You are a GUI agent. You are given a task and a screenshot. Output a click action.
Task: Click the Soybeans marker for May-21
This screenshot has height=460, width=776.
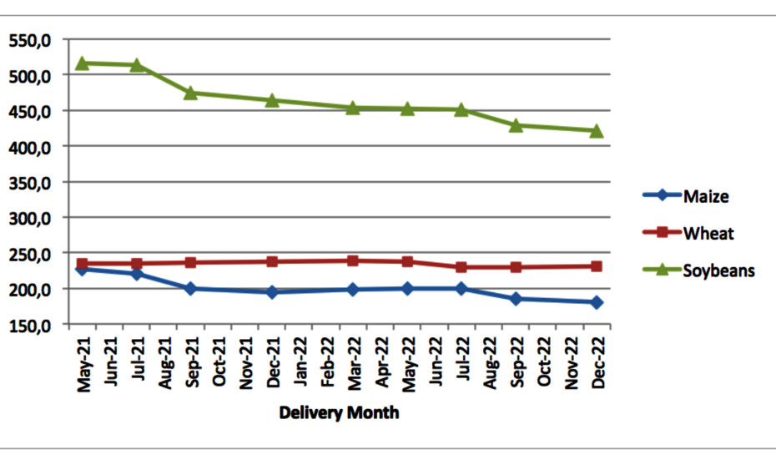[x=82, y=63]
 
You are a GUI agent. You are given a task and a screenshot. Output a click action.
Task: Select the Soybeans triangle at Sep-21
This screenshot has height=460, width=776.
[x=190, y=93]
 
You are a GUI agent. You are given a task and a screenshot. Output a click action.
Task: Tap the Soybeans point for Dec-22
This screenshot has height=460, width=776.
[x=597, y=131]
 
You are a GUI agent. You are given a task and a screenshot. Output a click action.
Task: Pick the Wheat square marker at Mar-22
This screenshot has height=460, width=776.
[x=353, y=260]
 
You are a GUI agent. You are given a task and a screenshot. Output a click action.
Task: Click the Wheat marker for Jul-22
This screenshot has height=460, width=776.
[x=461, y=267]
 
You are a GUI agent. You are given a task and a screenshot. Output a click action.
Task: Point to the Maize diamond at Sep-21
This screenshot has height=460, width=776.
[x=190, y=289]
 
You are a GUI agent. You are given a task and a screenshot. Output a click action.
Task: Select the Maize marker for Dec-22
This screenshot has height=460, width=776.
[x=597, y=302]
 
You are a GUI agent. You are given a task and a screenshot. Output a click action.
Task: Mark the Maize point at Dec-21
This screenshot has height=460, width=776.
[x=272, y=292]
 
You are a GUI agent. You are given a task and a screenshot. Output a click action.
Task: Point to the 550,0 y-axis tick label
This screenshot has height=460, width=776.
[x=32, y=40]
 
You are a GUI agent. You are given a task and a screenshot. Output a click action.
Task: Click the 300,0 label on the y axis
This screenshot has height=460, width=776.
[x=32, y=218]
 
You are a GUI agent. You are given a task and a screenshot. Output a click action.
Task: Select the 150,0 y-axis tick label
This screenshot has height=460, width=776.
[x=32, y=325]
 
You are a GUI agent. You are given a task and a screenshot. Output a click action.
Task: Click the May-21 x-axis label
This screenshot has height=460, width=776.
[x=83, y=361]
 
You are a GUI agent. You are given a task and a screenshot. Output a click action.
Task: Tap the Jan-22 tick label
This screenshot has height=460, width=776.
[x=300, y=361]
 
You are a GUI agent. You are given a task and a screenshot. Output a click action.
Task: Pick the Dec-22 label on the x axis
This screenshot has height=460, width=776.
[x=597, y=361]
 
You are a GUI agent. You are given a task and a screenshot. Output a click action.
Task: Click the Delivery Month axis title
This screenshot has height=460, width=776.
[x=339, y=412]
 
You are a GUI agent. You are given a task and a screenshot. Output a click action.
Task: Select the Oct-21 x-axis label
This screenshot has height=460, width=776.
[x=219, y=361]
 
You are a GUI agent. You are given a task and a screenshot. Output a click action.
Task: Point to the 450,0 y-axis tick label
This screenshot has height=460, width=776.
[x=32, y=111]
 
